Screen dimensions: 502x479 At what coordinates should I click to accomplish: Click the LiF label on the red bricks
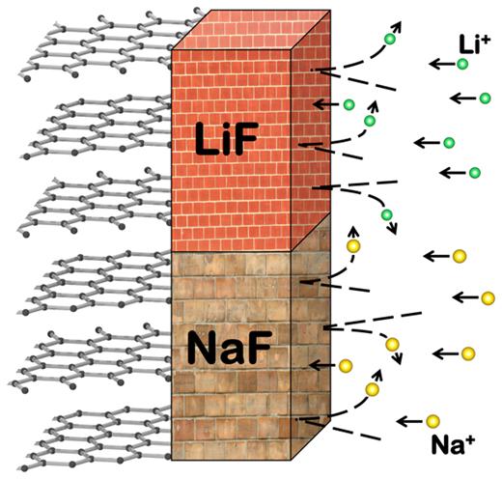point(227,138)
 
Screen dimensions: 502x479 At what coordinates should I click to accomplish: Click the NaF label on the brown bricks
point(229,348)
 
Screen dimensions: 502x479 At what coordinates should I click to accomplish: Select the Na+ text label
point(453,444)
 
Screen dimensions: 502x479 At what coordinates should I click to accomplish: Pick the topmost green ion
point(390,40)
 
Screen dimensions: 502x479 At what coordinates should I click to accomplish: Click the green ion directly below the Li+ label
point(462,65)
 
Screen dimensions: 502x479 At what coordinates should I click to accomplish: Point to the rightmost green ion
point(485,99)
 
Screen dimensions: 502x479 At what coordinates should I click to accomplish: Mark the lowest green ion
point(386,214)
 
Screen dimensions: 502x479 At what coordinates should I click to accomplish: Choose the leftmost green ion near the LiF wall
point(349,104)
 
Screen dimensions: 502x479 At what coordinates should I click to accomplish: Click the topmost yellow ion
point(353,246)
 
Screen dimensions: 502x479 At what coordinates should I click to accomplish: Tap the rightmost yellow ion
point(488,298)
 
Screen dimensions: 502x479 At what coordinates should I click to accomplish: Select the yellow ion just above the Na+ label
point(432,421)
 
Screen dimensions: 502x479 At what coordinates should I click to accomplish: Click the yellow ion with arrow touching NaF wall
point(346,366)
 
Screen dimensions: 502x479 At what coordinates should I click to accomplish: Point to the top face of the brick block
point(251,30)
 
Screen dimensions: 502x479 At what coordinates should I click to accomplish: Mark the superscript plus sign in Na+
point(470,440)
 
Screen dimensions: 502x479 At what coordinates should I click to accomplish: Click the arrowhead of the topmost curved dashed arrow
point(399,26)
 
